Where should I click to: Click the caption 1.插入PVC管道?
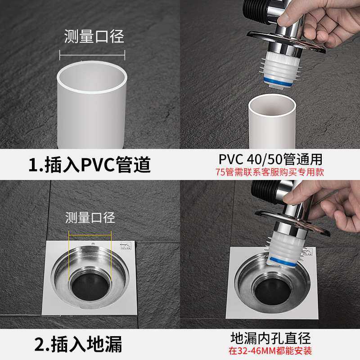(x=90, y=165)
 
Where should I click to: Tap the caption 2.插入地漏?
(x=79, y=345)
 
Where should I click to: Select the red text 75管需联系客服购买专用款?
(x=270, y=171)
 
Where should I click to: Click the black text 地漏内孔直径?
(x=270, y=338)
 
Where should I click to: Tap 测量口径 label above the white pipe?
(x=94, y=36)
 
